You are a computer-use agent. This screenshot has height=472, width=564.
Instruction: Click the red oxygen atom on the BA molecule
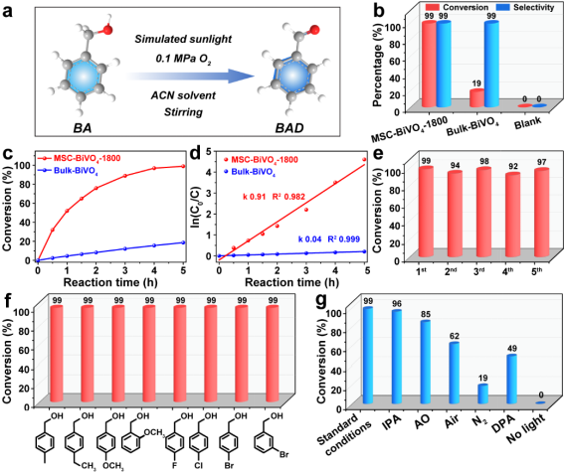107,30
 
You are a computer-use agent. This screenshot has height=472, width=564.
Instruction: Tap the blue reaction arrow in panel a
190,77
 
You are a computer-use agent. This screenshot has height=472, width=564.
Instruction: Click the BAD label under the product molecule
289,128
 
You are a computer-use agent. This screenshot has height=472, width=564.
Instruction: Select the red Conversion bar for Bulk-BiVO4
476,97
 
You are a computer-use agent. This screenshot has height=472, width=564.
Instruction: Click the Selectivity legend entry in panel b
526,7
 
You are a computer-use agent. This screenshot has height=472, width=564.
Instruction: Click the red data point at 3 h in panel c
125,176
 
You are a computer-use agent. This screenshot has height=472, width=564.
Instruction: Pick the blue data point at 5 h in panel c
183,242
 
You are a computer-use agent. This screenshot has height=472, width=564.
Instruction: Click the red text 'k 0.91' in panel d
255,197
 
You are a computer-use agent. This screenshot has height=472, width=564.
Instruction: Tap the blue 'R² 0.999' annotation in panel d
343,239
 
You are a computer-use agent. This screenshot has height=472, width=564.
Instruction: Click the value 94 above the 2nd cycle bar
455,165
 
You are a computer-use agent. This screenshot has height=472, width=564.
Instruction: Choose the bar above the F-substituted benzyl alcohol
180,354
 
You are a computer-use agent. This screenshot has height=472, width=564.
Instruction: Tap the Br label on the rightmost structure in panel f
283,455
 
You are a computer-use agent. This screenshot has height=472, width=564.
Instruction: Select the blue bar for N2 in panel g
482,394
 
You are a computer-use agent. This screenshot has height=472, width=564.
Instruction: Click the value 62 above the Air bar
453,336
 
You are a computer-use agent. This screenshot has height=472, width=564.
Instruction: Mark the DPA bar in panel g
512,379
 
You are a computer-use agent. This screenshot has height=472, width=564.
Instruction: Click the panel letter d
195,154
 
